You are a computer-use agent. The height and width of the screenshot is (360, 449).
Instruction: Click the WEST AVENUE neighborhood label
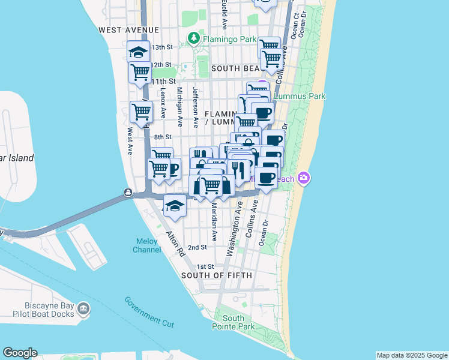tap(129, 29)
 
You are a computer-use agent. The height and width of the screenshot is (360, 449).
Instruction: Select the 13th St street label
tap(162, 47)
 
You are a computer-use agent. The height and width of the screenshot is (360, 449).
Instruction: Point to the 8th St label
tap(163, 137)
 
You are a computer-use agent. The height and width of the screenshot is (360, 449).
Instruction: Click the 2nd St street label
tap(197, 247)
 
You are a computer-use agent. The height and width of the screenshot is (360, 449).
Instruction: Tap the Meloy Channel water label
tap(146, 245)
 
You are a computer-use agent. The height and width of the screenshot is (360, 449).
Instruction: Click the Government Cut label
tap(149, 312)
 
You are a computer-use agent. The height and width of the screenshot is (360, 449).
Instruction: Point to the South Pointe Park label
tap(234, 322)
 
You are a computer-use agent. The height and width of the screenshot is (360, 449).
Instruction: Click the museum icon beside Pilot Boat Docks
tap(83, 310)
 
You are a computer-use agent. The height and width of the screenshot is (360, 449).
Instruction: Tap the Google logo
tap(20, 353)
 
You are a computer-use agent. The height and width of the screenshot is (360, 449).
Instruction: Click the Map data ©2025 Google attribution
tap(412, 355)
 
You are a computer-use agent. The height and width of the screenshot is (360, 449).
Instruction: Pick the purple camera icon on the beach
tap(304, 178)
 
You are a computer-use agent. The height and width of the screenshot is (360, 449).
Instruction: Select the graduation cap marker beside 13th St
tap(138, 52)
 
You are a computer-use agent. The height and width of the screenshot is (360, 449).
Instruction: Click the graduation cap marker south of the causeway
tap(174, 205)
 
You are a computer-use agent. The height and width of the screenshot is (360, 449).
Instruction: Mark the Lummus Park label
tap(300, 96)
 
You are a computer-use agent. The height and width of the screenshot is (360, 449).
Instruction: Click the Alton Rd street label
tap(175, 244)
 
